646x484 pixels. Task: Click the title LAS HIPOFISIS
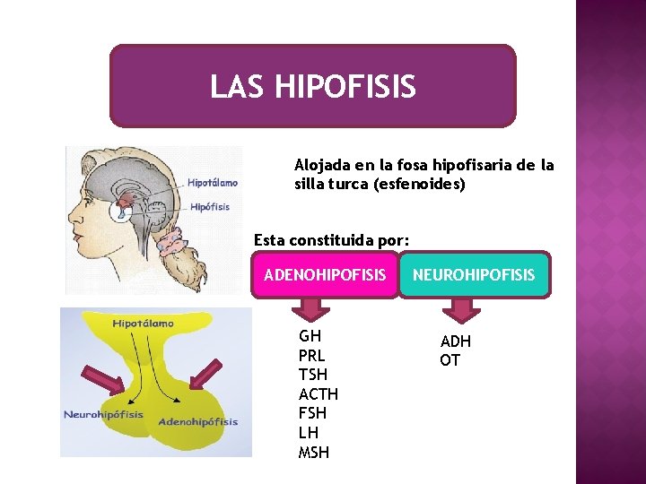pyautogui.click(x=312, y=87)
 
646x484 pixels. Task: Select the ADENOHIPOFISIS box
pyautogui.click(x=325, y=274)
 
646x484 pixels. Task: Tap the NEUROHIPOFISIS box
pyautogui.click(x=473, y=274)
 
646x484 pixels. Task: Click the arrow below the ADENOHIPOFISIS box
pyautogui.click(x=313, y=310)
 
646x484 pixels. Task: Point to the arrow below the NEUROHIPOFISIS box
pyautogui.click(x=461, y=310)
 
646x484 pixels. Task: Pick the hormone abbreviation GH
pyautogui.click(x=310, y=336)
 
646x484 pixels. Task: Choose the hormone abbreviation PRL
pyautogui.click(x=312, y=356)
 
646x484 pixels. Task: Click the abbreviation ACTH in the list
pyautogui.click(x=319, y=394)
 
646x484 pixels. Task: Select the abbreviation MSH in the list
pyautogui.click(x=314, y=453)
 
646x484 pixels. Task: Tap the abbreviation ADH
pyautogui.click(x=455, y=341)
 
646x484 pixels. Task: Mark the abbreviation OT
pyautogui.click(x=450, y=360)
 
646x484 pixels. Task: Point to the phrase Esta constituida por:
pyautogui.click(x=332, y=240)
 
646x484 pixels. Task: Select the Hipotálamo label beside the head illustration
pyautogui.click(x=213, y=183)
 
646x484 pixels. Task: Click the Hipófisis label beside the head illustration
pyautogui.click(x=210, y=206)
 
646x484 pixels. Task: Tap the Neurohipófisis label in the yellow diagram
pyautogui.click(x=103, y=414)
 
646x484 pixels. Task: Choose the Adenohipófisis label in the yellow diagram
pyautogui.click(x=197, y=421)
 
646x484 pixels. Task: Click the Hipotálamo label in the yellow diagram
pyautogui.click(x=144, y=323)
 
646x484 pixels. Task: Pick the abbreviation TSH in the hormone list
pyautogui.click(x=313, y=375)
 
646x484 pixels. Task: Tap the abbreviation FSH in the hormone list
pyautogui.click(x=313, y=414)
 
